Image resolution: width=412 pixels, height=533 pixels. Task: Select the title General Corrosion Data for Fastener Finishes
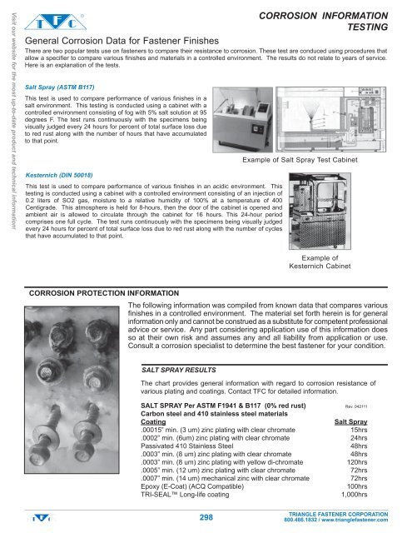(116, 40)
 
